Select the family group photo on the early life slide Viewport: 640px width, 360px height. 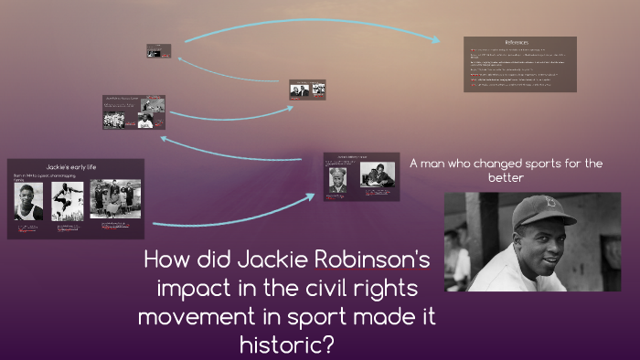[x=115, y=200]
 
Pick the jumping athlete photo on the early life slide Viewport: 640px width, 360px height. [x=67, y=201]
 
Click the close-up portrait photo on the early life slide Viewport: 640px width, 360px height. [x=28, y=202]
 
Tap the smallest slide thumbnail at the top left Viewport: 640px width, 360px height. [x=159, y=51]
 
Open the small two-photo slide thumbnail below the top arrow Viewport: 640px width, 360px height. [x=307, y=90]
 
